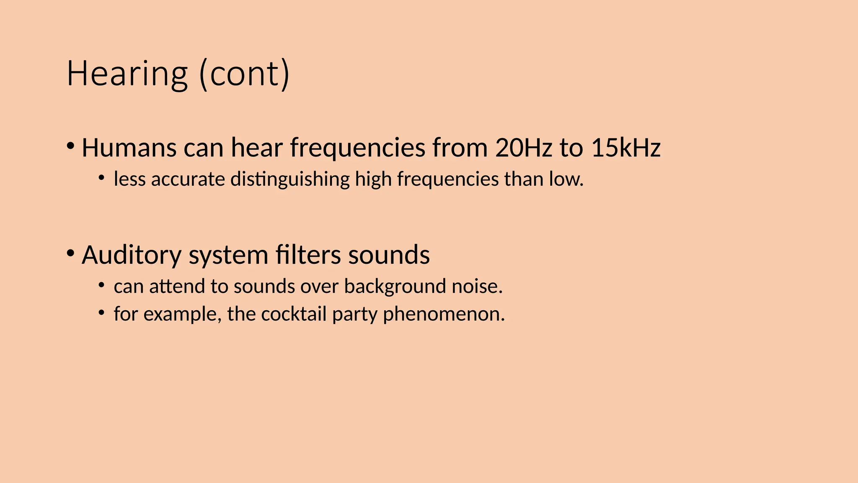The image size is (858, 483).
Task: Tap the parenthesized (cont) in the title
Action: coord(244,74)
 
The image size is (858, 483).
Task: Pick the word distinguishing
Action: coord(290,179)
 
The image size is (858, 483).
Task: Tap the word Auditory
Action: coord(132,255)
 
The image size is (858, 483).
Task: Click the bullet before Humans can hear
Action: coord(70,146)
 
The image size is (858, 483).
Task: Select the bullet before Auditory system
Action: coord(70,253)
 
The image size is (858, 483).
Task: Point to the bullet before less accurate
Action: coord(101,178)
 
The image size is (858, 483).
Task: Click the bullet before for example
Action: coord(101,313)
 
